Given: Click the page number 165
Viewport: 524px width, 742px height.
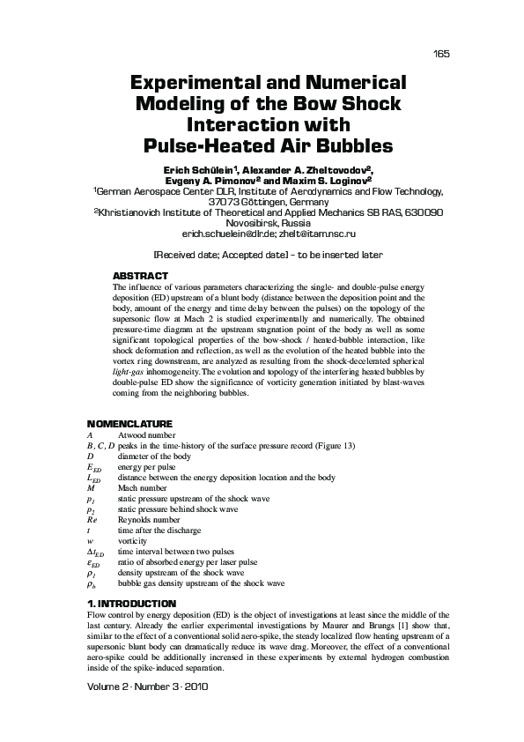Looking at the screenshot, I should tap(442, 55).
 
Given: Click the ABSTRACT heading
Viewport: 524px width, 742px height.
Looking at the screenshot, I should tap(141, 276).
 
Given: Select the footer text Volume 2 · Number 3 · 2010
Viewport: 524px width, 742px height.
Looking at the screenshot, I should tap(147, 685).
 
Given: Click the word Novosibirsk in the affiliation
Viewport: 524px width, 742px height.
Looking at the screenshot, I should tap(231, 224).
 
